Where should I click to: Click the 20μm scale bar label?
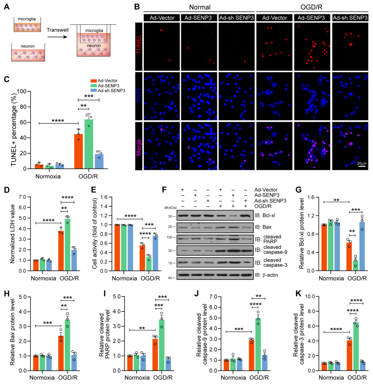(362, 163)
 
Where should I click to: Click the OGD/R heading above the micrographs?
(312, 7)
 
